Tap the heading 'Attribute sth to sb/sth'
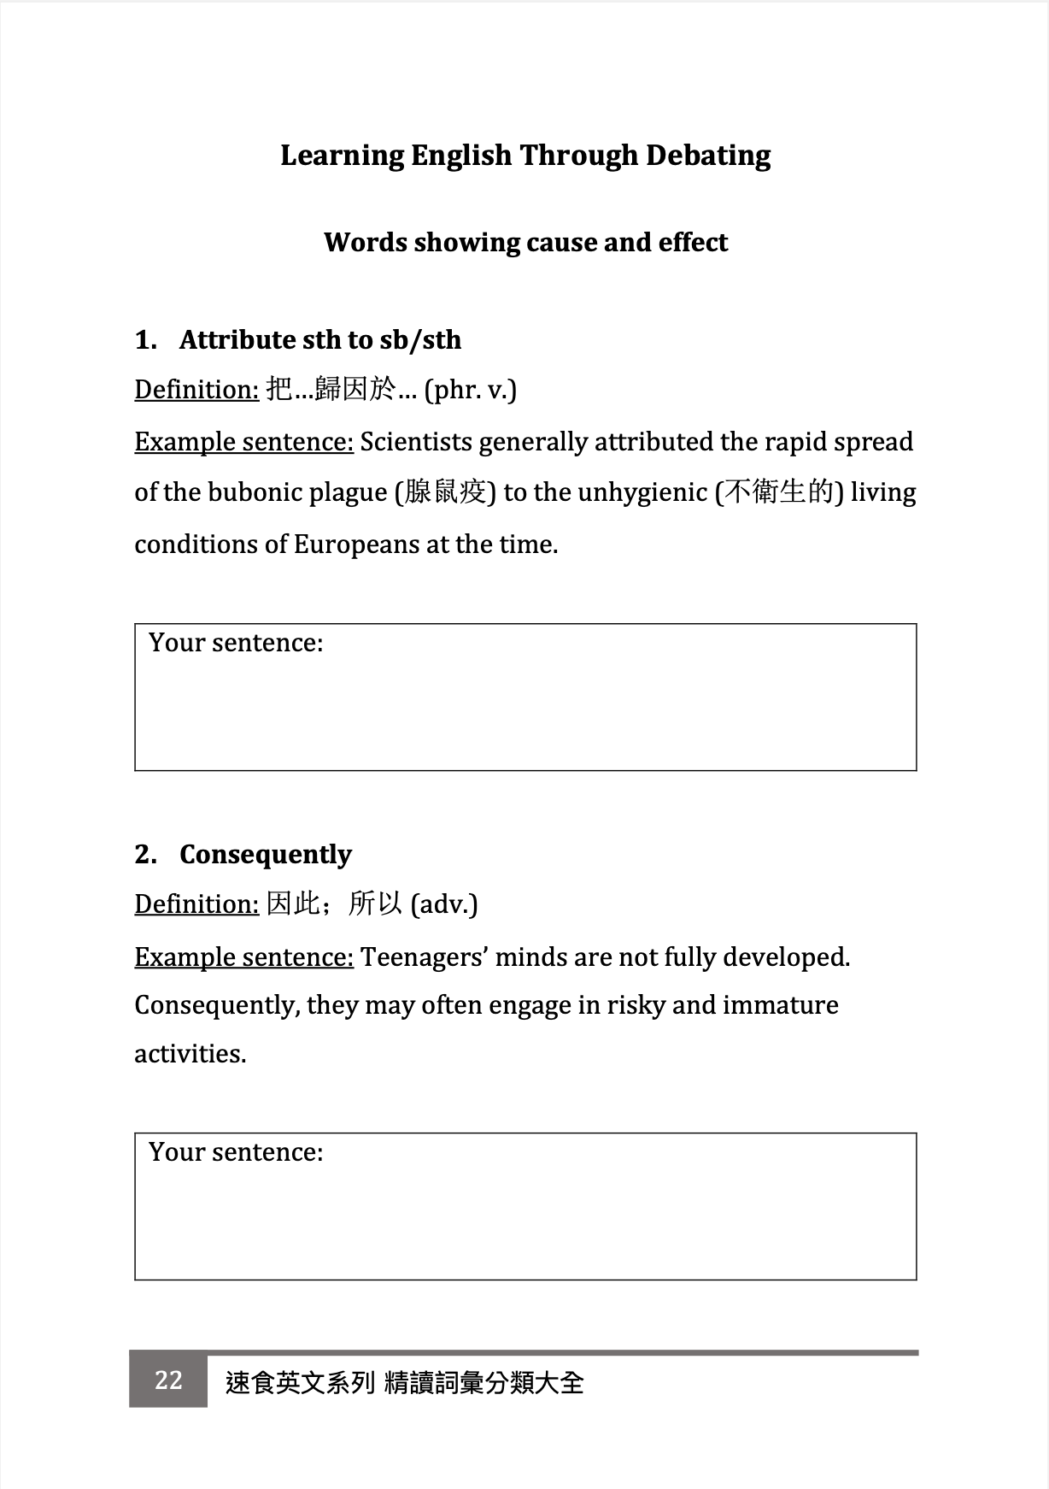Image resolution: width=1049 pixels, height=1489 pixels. pyautogui.click(x=319, y=340)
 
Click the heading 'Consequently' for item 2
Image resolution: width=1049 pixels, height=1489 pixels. pyautogui.click(x=265, y=855)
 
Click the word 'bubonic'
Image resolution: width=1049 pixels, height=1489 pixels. pyautogui.click(x=255, y=493)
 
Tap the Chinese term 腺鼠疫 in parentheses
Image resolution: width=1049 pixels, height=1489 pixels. pyautogui.click(x=445, y=493)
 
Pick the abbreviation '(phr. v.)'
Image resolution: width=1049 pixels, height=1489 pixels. pyautogui.click(x=470, y=391)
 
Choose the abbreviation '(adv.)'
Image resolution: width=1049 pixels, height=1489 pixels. pyautogui.click(x=443, y=904)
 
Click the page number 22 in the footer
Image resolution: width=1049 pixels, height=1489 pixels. pyautogui.click(x=168, y=1380)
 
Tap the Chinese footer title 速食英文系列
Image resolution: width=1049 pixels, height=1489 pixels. pyautogui.click(x=300, y=1383)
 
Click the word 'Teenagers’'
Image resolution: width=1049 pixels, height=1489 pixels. pyautogui.click(x=424, y=957)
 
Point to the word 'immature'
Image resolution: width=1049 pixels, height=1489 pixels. pyautogui.click(x=780, y=1005)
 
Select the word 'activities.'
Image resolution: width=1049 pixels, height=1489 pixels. pyautogui.click(x=190, y=1054)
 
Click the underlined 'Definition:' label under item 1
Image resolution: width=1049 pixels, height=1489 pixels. pyautogui.click(x=196, y=391)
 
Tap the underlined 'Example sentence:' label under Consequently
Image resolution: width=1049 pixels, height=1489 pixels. pyautogui.click(x=243, y=957)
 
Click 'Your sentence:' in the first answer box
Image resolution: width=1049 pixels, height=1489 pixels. pyautogui.click(x=236, y=643)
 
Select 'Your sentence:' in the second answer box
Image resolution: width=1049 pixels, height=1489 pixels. pyautogui.click(x=236, y=1152)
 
